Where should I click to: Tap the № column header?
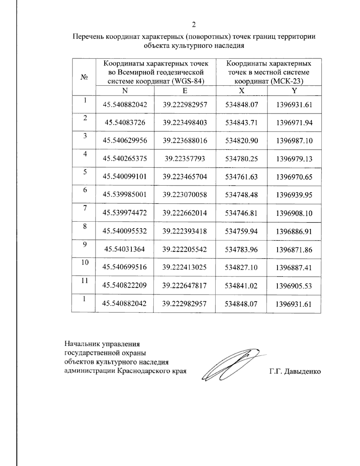[84, 77]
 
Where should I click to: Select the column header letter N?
[125, 91]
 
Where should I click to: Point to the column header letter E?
[185, 91]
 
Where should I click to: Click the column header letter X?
[241, 91]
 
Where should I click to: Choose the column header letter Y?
[294, 91]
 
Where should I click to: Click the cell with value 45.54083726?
[125, 123]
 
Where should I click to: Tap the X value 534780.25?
[241, 159]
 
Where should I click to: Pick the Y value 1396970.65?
[294, 177]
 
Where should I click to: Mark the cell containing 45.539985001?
[125, 195]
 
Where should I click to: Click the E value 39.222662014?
[185, 213]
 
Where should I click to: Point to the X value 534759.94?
[241, 231]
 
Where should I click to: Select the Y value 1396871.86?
[294, 249]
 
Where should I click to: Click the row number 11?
[85, 281]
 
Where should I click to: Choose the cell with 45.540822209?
[124, 285]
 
